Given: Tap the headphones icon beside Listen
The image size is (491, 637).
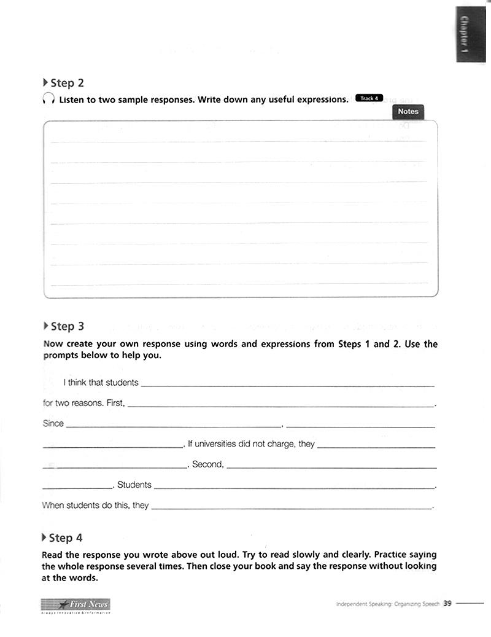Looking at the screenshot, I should [x=48, y=100].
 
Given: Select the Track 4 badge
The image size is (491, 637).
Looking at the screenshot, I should [x=369, y=98].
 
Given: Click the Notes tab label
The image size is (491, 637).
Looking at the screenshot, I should [x=408, y=112].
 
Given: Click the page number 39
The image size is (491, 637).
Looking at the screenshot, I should [x=447, y=603].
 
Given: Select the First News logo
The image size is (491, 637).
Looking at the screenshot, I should [x=75, y=605].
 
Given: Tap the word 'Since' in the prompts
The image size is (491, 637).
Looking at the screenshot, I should [x=53, y=424].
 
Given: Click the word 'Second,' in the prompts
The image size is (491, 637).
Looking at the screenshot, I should [x=208, y=464].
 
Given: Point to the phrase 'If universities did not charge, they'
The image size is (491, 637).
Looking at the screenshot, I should [x=251, y=444].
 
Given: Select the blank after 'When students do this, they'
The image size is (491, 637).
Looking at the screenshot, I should [x=292, y=508].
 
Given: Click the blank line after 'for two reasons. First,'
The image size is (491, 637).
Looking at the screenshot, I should [x=280, y=405].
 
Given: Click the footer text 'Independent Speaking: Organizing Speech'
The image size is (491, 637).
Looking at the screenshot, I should [x=388, y=604].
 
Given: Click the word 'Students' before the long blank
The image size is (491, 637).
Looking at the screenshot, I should [x=134, y=485].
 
